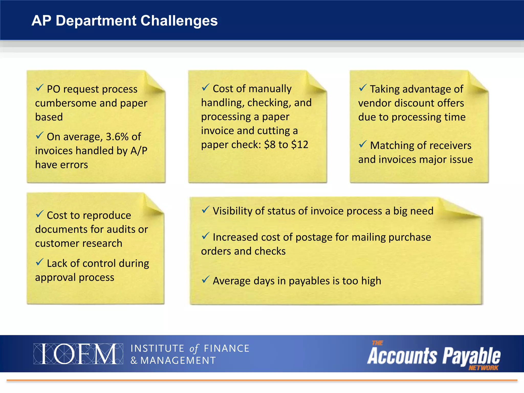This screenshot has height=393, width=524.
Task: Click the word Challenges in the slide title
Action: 179,21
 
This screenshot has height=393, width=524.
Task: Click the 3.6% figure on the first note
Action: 117,137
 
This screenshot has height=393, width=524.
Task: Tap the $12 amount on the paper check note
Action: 300,145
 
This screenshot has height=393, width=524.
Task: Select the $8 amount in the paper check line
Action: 270,145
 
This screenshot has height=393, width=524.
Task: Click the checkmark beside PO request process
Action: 39,88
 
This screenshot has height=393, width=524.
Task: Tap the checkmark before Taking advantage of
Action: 363,88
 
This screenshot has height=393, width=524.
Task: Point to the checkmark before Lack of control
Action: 39,262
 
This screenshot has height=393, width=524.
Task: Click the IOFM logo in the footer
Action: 78,354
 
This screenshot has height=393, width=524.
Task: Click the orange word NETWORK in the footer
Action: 483,368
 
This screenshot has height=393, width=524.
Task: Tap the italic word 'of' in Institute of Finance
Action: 194,348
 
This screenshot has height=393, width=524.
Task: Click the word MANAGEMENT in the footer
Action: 178,361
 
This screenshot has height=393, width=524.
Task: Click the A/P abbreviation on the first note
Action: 139,151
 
